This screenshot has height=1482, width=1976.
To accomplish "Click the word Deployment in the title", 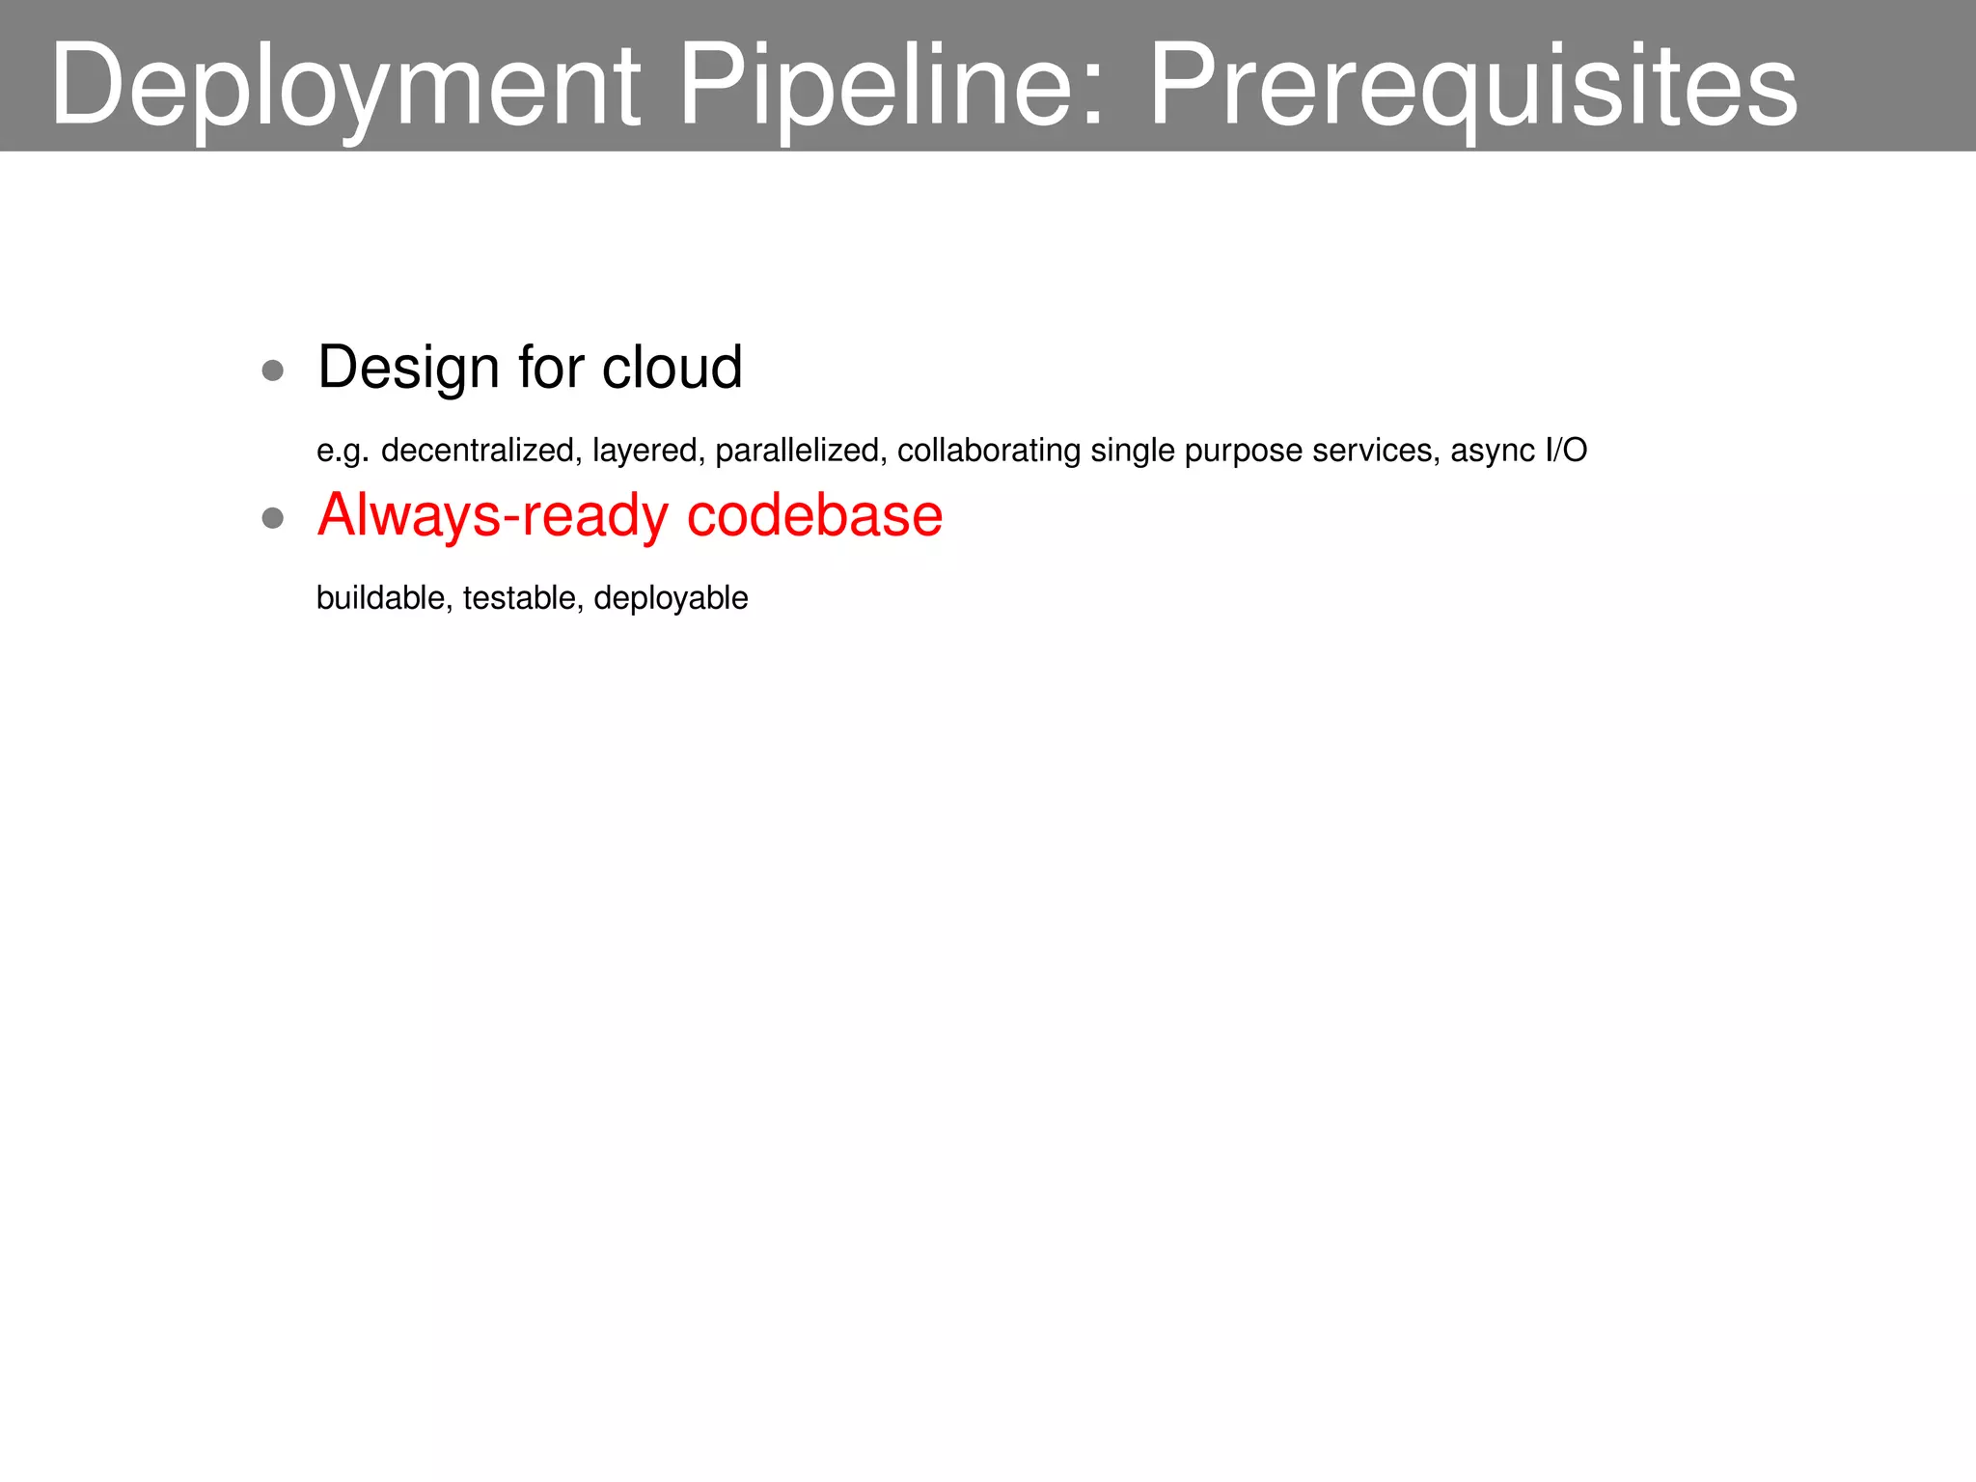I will pos(345,85).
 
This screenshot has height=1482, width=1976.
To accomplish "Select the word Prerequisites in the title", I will pos(1473,85).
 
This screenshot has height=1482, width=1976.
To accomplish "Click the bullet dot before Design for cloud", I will pos(273,370).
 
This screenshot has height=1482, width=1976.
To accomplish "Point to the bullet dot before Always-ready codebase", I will pos(273,518).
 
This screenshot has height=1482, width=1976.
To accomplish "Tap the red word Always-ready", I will pos(492,515).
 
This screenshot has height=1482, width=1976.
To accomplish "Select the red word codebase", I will pos(814,515).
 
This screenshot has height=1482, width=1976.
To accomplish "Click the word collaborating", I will pos(989,451).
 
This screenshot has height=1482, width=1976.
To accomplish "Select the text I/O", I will pos(1566,451).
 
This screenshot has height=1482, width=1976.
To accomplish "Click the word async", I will pos(1493,451).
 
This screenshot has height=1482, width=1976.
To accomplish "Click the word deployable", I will pos(671,598).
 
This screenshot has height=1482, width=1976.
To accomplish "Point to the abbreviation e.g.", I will pos(343,451).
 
